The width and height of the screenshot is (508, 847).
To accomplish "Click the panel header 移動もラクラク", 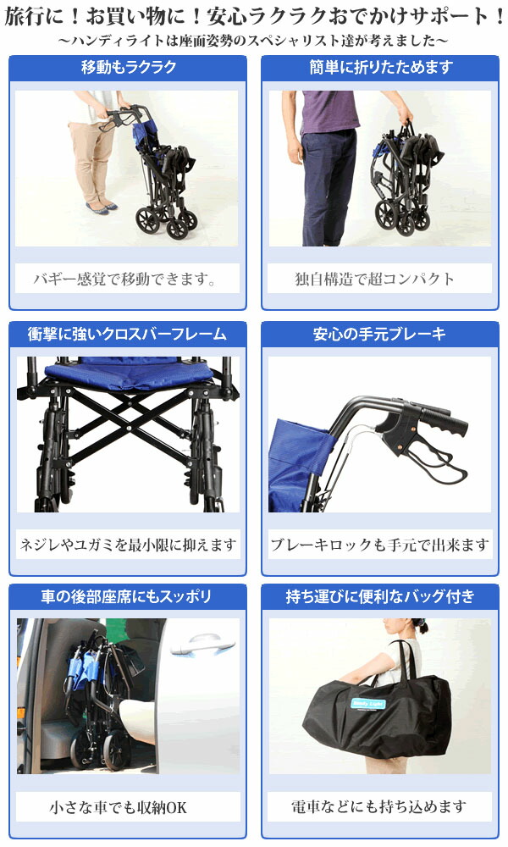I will (128, 68).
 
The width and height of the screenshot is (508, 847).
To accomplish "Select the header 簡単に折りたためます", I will (380, 68).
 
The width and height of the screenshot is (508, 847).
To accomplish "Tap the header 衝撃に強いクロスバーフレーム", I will (128, 334).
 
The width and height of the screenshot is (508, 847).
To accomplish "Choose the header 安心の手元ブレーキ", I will (380, 334).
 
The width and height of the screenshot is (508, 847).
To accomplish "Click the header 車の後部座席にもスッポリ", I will (128, 596).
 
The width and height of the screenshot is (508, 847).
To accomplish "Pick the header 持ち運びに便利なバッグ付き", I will (380, 596).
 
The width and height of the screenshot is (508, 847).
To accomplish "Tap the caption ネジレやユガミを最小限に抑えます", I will (128, 544).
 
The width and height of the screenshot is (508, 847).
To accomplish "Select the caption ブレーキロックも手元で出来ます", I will (380, 544).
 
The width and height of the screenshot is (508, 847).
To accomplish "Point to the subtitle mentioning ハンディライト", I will (254, 40).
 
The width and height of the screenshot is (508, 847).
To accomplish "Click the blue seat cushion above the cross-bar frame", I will (127, 370).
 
